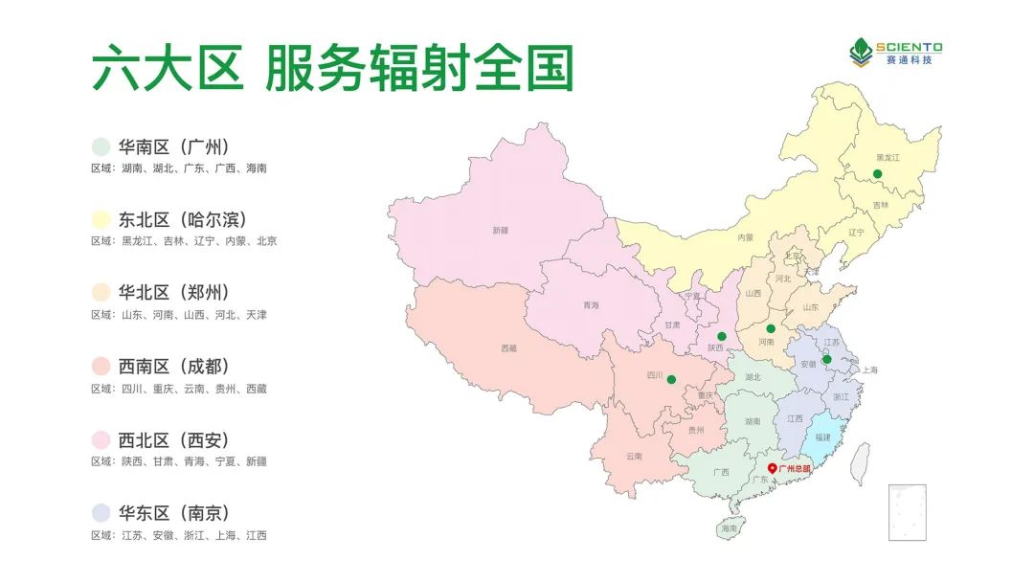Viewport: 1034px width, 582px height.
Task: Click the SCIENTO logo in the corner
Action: click(x=897, y=52)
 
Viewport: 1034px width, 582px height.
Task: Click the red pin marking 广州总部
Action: click(x=773, y=468)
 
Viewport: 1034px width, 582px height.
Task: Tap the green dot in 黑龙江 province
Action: click(x=876, y=173)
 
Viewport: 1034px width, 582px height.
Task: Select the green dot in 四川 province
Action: click(x=671, y=380)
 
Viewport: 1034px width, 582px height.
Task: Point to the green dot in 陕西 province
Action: click(x=722, y=336)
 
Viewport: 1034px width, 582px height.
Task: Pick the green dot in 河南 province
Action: click(x=771, y=328)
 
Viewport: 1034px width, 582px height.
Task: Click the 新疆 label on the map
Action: click(x=500, y=230)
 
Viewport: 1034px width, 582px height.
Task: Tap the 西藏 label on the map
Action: click(x=508, y=348)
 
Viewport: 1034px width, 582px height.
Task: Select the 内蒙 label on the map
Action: click(x=745, y=236)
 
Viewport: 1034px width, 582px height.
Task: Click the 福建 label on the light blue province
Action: click(x=822, y=436)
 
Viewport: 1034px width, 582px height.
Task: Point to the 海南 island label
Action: click(x=730, y=528)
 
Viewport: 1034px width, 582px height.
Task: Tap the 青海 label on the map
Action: click(x=591, y=305)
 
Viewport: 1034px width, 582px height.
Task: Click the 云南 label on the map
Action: click(x=634, y=456)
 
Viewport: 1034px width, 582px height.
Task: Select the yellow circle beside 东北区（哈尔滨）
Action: click(x=100, y=220)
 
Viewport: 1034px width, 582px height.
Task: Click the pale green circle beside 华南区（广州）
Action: click(x=100, y=146)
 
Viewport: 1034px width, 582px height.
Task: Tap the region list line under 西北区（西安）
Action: click(x=179, y=461)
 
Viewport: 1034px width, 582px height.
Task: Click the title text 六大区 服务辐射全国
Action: click(x=332, y=69)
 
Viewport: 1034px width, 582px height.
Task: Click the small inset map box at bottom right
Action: click(x=907, y=511)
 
